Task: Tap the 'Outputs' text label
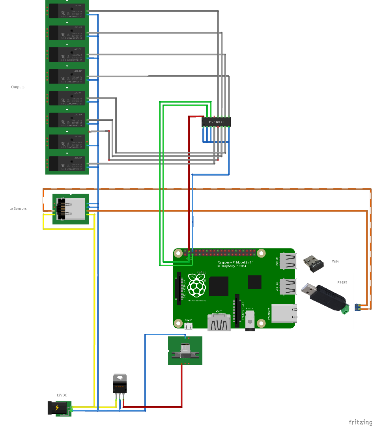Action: click(x=18, y=87)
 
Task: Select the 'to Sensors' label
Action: click(x=18, y=208)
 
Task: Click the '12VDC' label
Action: click(x=62, y=395)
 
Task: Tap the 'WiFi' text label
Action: click(x=335, y=261)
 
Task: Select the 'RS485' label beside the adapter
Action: click(x=342, y=282)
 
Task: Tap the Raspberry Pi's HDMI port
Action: click(x=219, y=321)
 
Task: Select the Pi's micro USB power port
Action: click(x=189, y=325)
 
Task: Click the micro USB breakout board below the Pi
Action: click(x=185, y=351)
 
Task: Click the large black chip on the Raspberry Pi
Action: click(x=219, y=286)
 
